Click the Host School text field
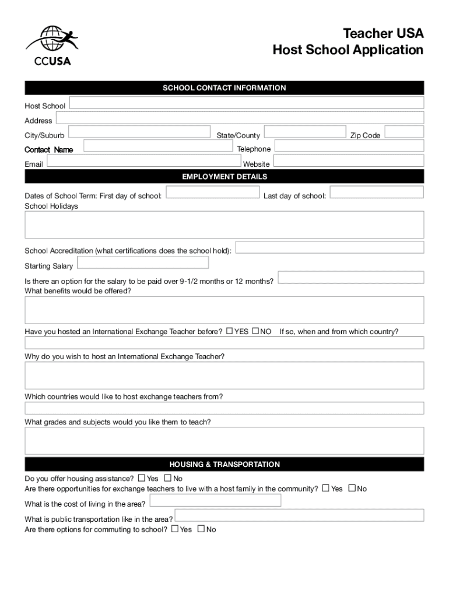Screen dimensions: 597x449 point(247,103)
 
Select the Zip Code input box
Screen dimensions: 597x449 point(404,132)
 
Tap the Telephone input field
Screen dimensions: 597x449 point(349,146)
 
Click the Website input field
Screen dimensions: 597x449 point(348,161)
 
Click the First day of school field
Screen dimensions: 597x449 point(213,193)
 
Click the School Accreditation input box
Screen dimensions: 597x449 point(329,248)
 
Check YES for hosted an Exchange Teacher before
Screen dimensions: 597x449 point(230,331)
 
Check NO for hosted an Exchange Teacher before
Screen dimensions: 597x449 point(255,331)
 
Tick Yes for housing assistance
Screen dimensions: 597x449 point(142,479)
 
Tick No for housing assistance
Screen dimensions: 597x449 point(169,479)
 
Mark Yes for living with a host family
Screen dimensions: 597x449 point(325,488)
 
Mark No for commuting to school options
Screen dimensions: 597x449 point(201,529)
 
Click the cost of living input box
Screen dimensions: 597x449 point(215,501)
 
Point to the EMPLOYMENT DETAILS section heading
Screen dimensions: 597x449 point(224,177)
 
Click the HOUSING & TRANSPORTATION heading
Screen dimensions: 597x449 point(224,465)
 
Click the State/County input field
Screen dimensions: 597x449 point(304,132)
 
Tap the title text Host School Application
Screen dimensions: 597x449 point(348,51)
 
